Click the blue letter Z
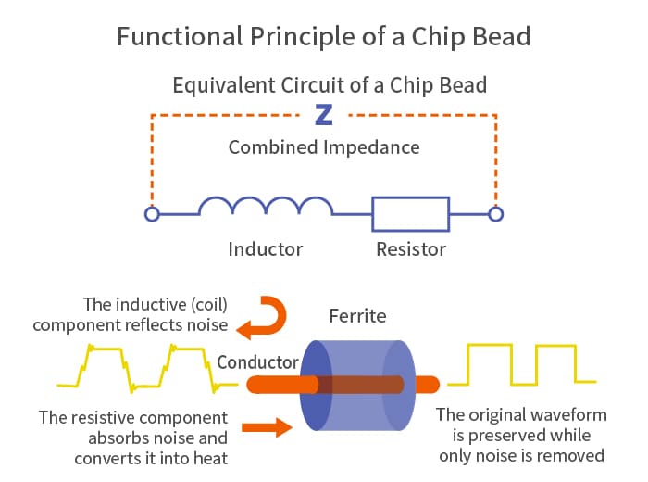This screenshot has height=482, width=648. (324, 115)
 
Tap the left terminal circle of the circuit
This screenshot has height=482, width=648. (152, 214)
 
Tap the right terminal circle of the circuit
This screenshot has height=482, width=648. (495, 214)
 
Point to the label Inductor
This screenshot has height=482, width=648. (266, 249)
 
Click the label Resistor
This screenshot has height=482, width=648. (411, 249)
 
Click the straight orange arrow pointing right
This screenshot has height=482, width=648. (267, 427)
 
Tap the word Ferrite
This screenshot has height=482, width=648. (357, 316)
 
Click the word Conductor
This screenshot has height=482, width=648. (257, 362)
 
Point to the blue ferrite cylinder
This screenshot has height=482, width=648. (357, 386)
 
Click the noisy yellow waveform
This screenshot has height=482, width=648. (146, 368)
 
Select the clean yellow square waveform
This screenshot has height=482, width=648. (521, 364)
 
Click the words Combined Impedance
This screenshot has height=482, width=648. (324, 147)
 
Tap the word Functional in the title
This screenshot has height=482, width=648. (180, 36)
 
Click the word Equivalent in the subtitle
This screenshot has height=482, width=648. (224, 85)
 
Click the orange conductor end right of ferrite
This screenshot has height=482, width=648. (428, 385)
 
